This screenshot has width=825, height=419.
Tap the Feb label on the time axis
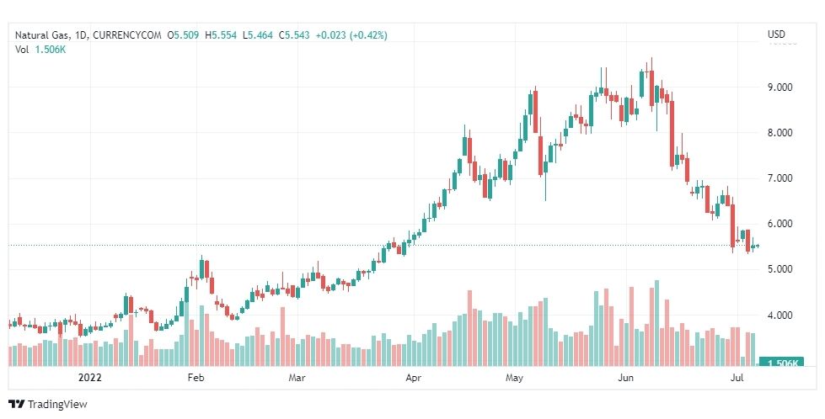pyautogui.click(x=196, y=379)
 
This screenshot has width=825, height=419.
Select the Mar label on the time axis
pyautogui.click(x=297, y=379)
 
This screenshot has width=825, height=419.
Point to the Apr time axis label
pyautogui.click(x=413, y=379)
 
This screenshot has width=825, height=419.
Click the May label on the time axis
pyautogui.click(x=516, y=379)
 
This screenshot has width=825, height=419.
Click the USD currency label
pyautogui.click(x=776, y=34)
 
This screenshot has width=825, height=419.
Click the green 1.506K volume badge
pyautogui.click(x=781, y=362)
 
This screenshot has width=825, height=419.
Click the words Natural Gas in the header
pyautogui.click(x=43, y=35)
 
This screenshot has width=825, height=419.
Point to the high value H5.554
pyautogui.click(x=222, y=35)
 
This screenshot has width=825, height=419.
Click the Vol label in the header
pyautogui.click(x=22, y=50)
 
